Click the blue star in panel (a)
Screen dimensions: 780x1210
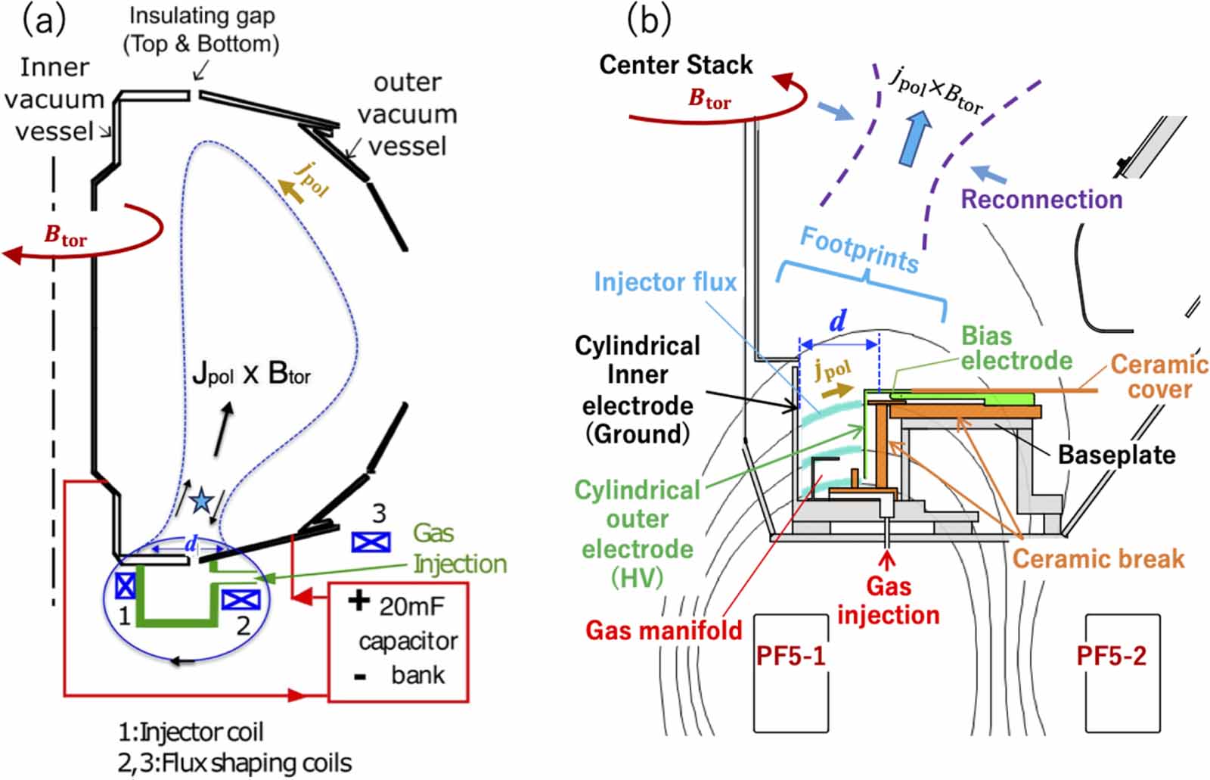[201, 501]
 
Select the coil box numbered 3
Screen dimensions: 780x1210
[371, 542]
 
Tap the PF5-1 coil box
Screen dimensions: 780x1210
[791, 673]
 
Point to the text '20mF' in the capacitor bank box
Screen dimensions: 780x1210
[411, 605]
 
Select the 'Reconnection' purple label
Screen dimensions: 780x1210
[1041, 200]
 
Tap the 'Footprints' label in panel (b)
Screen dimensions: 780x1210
[859, 250]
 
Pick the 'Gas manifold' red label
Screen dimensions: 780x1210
[664, 629]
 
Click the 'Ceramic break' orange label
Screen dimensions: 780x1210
[1098, 558]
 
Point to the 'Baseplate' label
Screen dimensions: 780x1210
[1116, 455]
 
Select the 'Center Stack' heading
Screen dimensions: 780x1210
[676, 65]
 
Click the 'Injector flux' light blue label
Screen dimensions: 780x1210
[665, 282]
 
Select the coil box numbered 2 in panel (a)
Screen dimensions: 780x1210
[241, 600]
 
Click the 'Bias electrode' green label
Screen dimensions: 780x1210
[1016, 348]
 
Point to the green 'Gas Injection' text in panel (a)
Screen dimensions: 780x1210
[459, 548]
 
